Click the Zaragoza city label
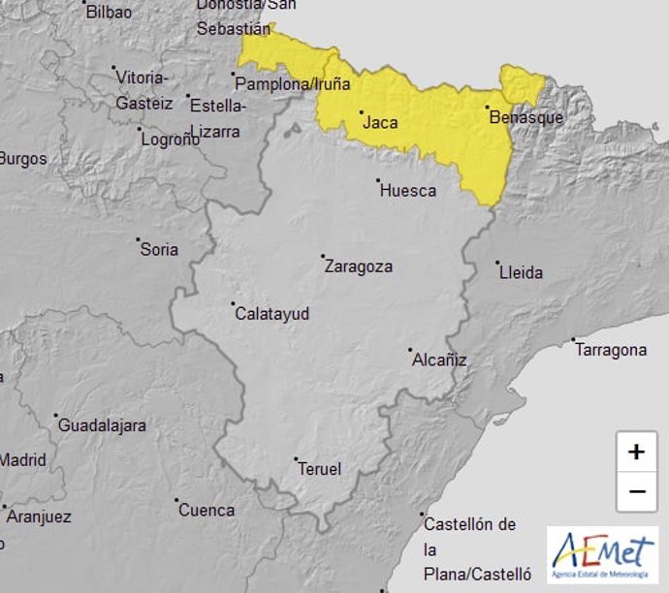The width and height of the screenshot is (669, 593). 360,265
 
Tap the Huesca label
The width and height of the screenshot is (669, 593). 408,190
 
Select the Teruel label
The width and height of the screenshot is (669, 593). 319,469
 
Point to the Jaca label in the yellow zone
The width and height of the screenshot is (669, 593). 379,122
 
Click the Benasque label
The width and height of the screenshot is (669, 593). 526,117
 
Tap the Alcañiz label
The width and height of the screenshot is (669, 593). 440,359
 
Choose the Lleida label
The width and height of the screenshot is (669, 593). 521,272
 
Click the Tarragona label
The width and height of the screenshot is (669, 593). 611,350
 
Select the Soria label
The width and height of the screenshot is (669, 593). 159,249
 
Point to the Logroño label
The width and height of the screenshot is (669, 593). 171,139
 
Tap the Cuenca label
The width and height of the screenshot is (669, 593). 207,510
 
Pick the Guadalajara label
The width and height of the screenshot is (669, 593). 102,425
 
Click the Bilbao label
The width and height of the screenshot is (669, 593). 109,12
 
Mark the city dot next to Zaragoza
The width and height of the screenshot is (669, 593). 323,257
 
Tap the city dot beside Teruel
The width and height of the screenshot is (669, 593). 297,459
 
